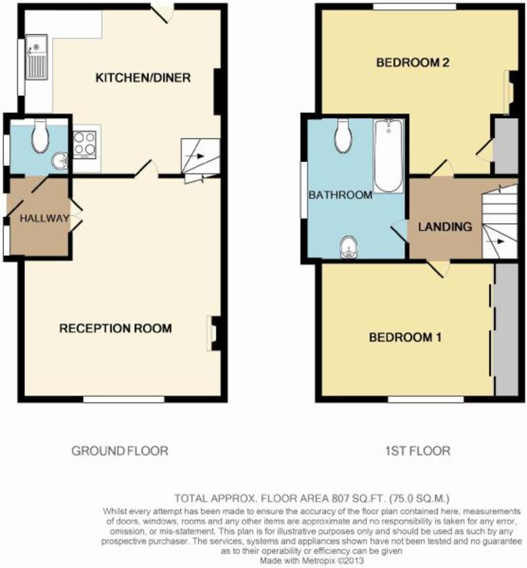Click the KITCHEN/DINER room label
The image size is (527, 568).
coord(143,78)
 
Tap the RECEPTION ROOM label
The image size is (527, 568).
coord(115,328)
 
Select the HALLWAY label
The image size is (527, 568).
coord(45,218)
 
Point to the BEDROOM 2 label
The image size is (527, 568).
coord(412,62)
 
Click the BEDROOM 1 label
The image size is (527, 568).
coord(405,337)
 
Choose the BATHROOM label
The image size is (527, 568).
coord(340,195)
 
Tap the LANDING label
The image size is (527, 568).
coord(445,227)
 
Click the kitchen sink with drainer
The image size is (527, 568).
coord(37,61)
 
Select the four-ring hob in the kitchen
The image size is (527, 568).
coord(85,144)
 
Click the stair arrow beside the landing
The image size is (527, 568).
coord(499,241)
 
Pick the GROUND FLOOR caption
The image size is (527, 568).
coord(119,451)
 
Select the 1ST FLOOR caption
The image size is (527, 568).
coord(417,451)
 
